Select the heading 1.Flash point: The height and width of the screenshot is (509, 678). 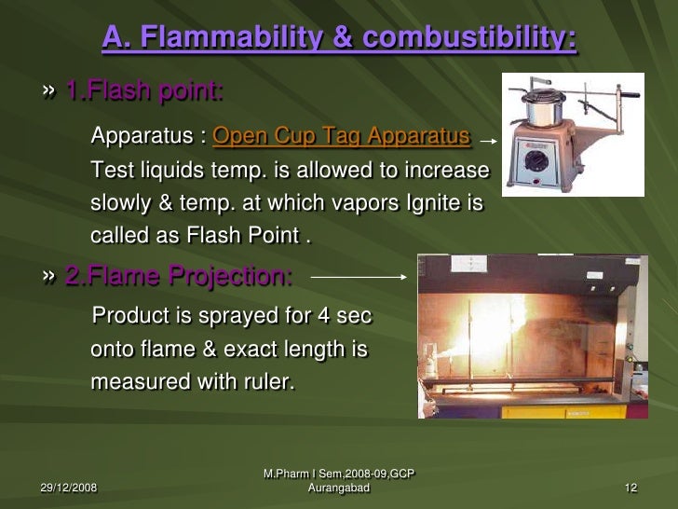pyautogui.click(x=143, y=91)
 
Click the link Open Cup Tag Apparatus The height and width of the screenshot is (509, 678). pyautogui.click(x=341, y=137)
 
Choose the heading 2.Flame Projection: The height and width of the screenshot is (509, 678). pyautogui.click(x=178, y=276)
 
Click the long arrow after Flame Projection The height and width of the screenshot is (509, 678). pyautogui.click(x=359, y=276)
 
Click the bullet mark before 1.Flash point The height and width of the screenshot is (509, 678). pyautogui.click(x=48, y=92)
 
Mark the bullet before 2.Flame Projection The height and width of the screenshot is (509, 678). pyautogui.click(x=48, y=277)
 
